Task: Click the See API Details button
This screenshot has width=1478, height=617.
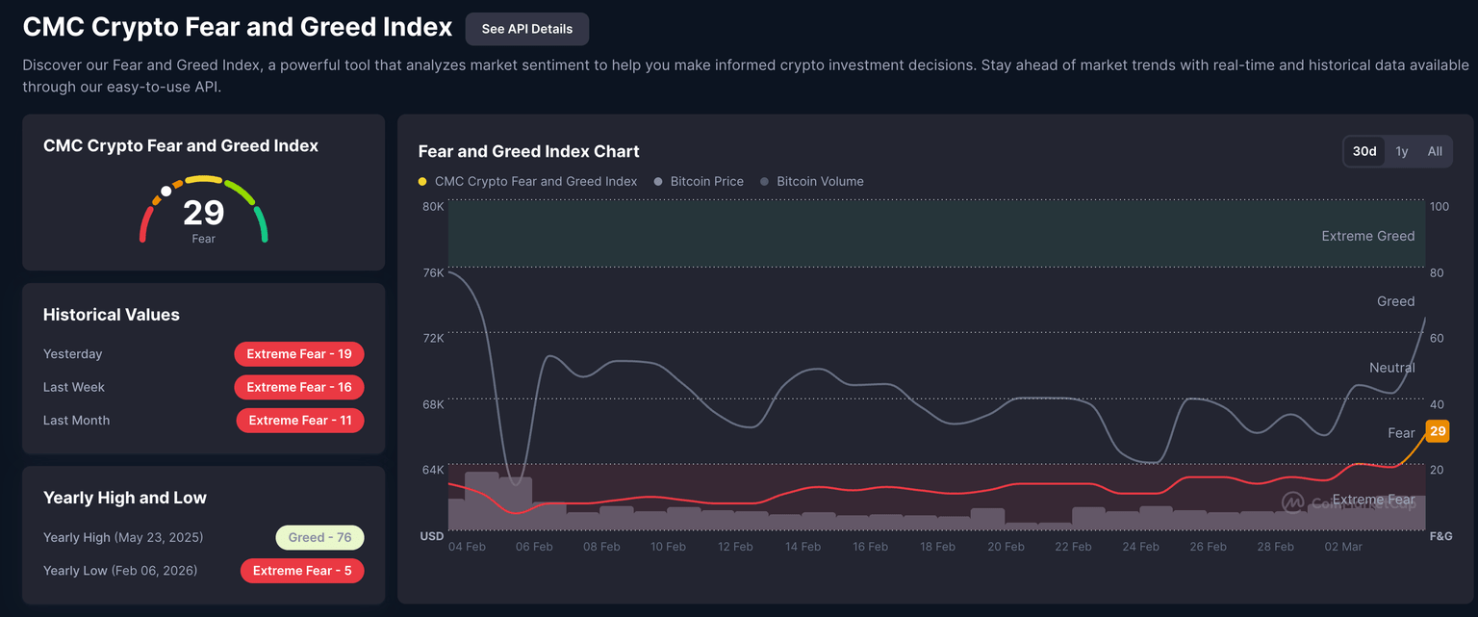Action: (x=526, y=29)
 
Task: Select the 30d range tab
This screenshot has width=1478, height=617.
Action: (x=1363, y=151)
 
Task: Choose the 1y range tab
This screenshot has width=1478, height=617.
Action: (x=1402, y=151)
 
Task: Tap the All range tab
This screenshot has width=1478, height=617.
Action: (x=1435, y=151)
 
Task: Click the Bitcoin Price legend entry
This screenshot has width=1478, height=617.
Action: (x=706, y=181)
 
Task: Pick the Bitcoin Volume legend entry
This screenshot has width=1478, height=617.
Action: (x=820, y=181)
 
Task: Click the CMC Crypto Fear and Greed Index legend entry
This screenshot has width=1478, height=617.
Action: (x=535, y=181)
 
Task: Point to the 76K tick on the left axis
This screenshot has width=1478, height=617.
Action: (x=433, y=272)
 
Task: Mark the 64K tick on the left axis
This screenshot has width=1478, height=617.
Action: (x=433, y=470)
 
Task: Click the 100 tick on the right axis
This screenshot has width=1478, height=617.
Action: (x=1440, y=207)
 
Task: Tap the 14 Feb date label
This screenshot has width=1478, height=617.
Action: (x=803, y=547)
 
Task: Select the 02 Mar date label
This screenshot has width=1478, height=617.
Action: (x=1343, y=547)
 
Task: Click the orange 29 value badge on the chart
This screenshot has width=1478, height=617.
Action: (x=1438, y=431)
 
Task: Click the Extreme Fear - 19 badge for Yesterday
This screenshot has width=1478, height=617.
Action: (x=299, y=354)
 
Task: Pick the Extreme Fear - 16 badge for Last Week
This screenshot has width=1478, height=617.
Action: (x=299, y=387)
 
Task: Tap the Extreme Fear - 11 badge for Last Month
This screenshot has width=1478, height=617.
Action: (x=300, y=421)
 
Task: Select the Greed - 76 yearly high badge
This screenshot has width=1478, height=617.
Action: (x=319, y=537)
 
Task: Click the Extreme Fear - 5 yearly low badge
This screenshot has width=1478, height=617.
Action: (x=302, y=571)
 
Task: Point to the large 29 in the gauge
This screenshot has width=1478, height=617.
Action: (x=203, y=213)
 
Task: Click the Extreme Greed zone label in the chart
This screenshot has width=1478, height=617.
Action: (x=1367, y=236)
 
